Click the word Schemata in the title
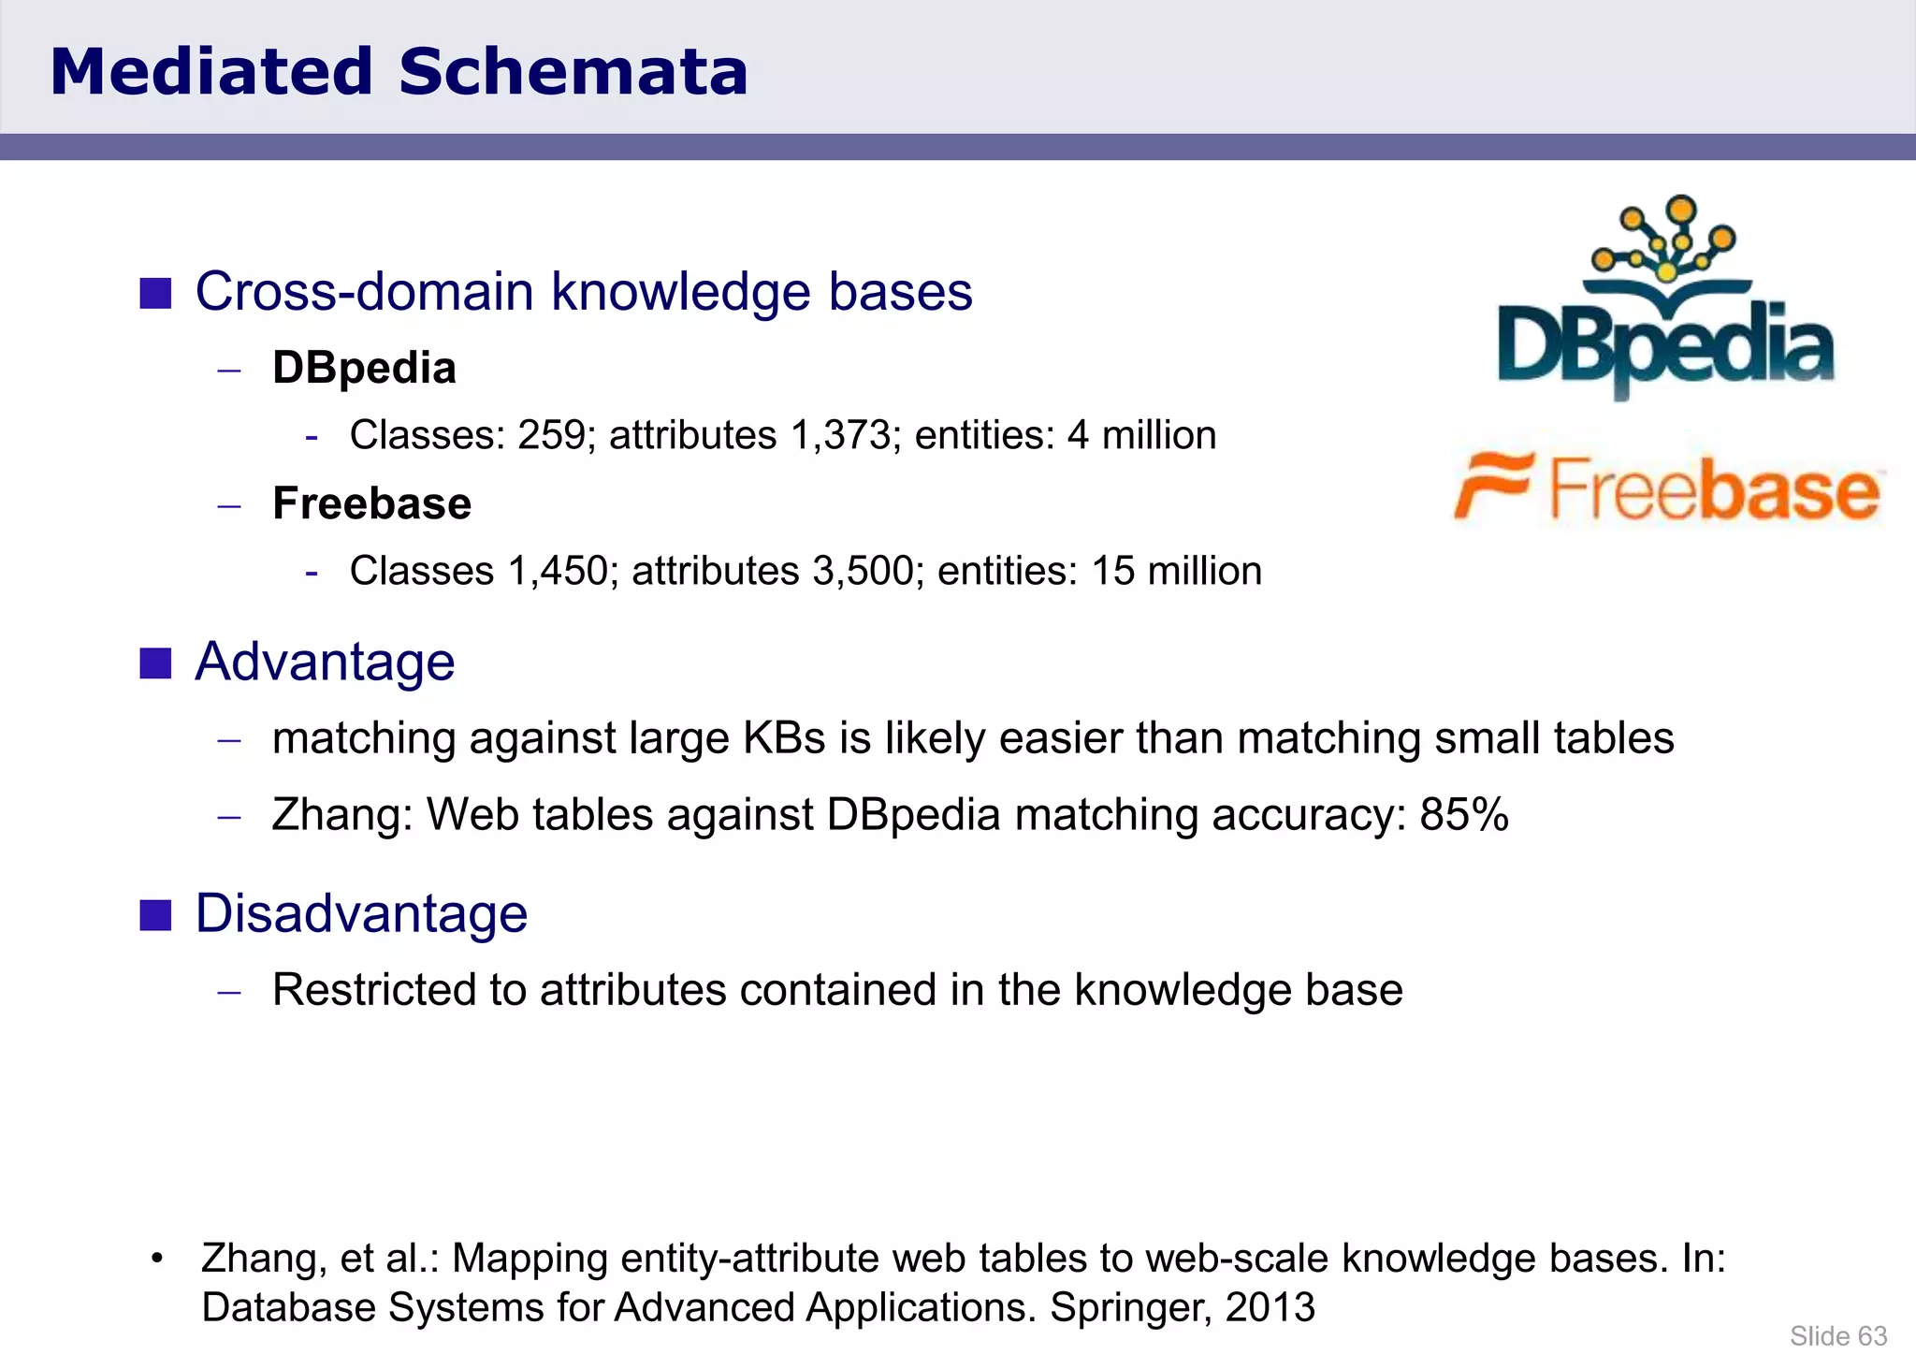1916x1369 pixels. pos(573,73)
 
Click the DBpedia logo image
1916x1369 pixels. pos(1665,299)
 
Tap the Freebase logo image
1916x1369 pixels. pos(1667,488)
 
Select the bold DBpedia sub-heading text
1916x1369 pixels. pos(364,368)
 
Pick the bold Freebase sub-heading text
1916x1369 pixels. pos(371,503)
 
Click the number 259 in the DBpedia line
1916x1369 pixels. pos(552,435)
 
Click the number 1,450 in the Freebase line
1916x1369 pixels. pos(557,571)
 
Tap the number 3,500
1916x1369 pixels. pos(862,571)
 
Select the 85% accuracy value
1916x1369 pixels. pos(1464,814)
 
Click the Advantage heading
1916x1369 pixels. pos(325,662)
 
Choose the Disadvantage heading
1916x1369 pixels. pos(361,913)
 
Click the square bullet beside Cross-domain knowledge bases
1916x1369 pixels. pos(155,293)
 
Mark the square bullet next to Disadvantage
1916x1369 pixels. pos(155,915)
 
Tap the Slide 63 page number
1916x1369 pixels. pos(1838,1336)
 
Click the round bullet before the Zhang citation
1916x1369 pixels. pos(157,1259)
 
